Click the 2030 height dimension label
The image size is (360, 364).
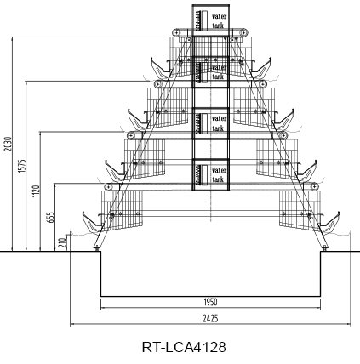pyautogui.click(x=9, y=144)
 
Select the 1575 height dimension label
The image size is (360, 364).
pyautogui.click(x=22, y=166)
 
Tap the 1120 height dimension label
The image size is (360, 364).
pyautogui.click(x=36, y=191)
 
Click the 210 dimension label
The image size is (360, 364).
pyautogui.click(x=62, y=243)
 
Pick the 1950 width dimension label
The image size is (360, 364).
pyautogui.click(x=210, y=302)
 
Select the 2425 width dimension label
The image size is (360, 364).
pyautogui.click(x=210, y=319)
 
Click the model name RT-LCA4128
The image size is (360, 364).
pyautogui.click(x=184, y=347)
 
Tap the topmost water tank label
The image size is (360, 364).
pyautogui.click(x=219, y=20)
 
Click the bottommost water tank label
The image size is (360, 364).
pyautogui.click(x=219, y=175)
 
